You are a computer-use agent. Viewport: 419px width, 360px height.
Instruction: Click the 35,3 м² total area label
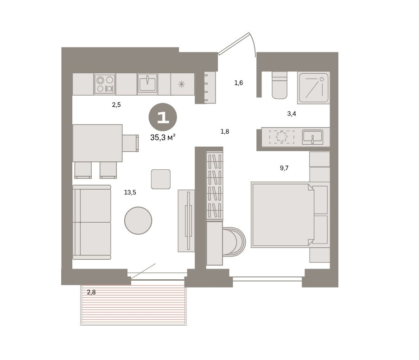click(163, 137)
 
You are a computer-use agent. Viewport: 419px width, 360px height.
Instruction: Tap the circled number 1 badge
click(163, 117)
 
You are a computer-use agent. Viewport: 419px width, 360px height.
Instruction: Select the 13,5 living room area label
click(130, 193)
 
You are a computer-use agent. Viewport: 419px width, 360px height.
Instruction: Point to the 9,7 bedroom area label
click(284, 168)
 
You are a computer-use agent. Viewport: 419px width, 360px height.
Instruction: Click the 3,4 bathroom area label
click(292, 114)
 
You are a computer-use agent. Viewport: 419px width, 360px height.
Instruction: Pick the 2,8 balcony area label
click(91, 292)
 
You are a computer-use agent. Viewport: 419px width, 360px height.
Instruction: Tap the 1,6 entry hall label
click(239, 83)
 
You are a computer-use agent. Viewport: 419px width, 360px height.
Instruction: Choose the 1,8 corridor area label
click(225, 132)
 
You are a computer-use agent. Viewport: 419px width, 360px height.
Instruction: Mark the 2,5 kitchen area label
click(116, 105)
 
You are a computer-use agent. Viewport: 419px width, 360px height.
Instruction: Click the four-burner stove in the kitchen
click(105, 84)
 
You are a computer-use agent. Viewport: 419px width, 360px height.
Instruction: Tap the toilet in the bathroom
click(279, 85)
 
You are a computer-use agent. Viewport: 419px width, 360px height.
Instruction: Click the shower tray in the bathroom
click(313, 88)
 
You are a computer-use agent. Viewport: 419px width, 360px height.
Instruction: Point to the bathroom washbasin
click(312, 137)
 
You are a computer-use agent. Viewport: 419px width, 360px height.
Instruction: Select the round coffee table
click(138, 221)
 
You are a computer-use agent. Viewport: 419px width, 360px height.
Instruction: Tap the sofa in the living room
click(92, 222)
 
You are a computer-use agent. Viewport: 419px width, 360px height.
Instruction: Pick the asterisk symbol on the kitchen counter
click(182, 84)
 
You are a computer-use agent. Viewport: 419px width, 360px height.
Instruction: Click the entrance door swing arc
click(254, 44)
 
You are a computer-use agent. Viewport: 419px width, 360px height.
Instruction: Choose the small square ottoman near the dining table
click(160, 179)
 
